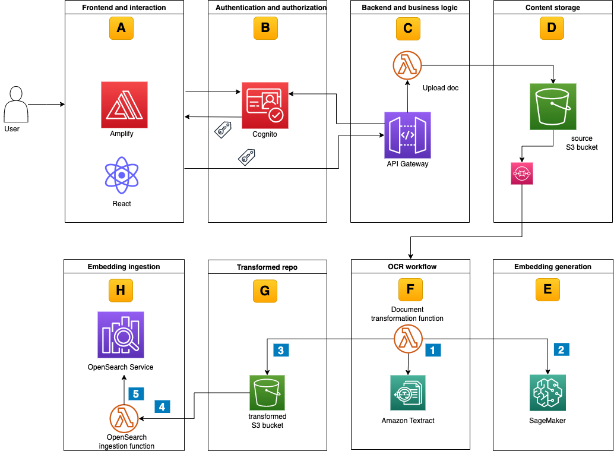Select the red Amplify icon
pyautogui.click(x=124, y=105)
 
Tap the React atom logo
pyautogui.click(x=122, y=176)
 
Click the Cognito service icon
pyautogui.click(x=265, y=105)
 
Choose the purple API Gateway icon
pyautogui.click(x=407, y=135)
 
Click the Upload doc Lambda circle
pyautogui.click(x=407, y=65)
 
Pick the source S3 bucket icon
pyautogui.click(x=553, y=106)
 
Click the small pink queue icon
pyautogui.click(x=522, y=173)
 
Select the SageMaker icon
pyautogui.click(x=547, y=393)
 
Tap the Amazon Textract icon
pyautogui.click(x=408, y=393)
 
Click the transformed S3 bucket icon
pyautogui.click(x=267, y=393)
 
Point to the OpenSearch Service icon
pyautogui.click(x=121, y=335)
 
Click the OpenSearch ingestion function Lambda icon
pyautogui.click(x=124, y=419)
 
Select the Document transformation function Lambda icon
pyautogui.click(x=408, y=340)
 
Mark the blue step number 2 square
pyautogui.click(x=561, y=349)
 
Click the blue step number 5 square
pyautogui.click(x=135, y=393)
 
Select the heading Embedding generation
pyautogui.click(x=552, y=267)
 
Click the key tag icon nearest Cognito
pyautogui.click(x=222, y=130)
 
